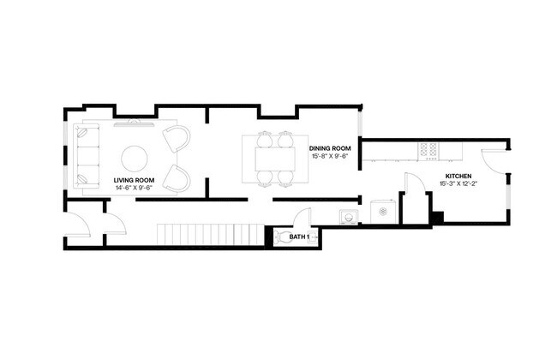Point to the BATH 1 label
(299, 237)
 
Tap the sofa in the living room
(87, 155)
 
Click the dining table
(274, 159)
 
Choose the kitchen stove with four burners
(428, 151)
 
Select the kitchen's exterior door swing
(494, 158)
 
